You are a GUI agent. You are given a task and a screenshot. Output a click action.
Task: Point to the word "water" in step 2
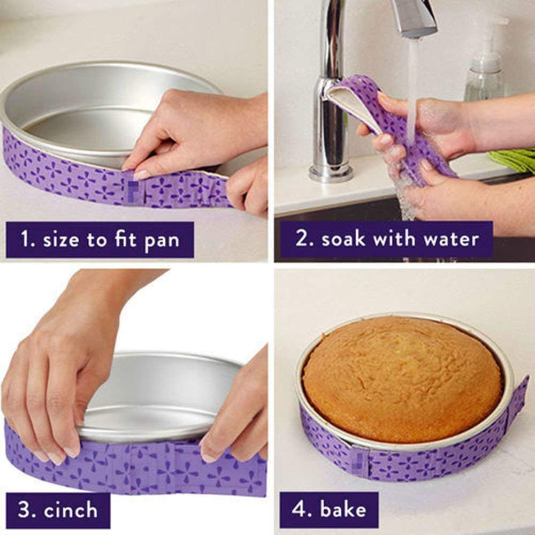click(452, 239)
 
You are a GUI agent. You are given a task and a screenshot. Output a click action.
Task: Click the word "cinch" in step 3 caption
click(70, 510)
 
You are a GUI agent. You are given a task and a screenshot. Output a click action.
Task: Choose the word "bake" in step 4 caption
click(344, 510)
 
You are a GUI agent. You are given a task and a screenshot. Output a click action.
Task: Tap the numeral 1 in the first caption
click(25, 240)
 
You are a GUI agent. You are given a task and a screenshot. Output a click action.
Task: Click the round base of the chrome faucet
click(331, 172)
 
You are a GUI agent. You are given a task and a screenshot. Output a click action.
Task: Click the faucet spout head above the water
click(415, 19)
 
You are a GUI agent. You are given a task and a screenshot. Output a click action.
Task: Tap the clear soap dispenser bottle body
click(484, 80)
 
